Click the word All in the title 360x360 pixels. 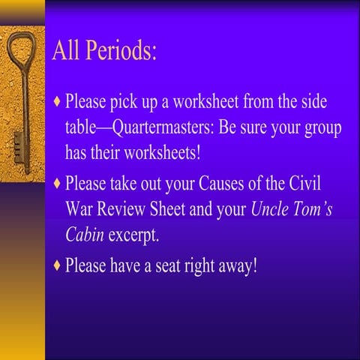coord(66,52)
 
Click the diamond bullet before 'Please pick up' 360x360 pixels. coord(58,100)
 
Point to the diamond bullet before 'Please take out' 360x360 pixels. coord(58,183)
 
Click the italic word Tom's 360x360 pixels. coord(314,209)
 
